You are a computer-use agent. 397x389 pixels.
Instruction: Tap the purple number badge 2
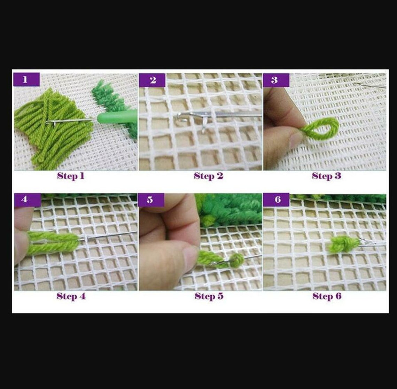152,80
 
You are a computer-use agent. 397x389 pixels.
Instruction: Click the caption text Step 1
71,176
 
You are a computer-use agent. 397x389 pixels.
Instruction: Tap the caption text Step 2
208,176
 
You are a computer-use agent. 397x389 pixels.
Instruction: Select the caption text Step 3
326,176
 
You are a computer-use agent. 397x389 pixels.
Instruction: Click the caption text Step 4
71,296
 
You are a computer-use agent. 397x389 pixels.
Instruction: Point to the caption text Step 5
209,296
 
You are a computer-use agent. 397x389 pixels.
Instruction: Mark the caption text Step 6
327,296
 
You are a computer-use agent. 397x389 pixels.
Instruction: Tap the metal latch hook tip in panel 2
183,117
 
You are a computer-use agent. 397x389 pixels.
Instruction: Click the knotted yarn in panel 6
343,244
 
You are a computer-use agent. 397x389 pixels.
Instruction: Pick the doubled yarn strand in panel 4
54,242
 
